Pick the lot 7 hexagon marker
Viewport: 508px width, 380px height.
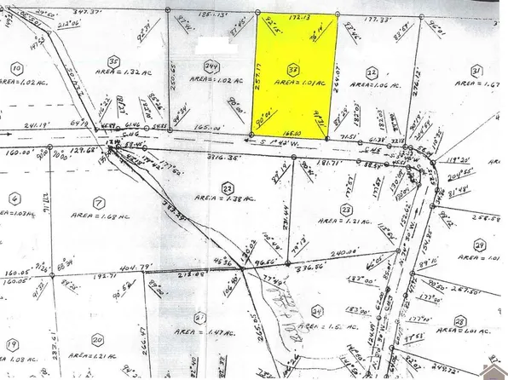click(100, 202)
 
